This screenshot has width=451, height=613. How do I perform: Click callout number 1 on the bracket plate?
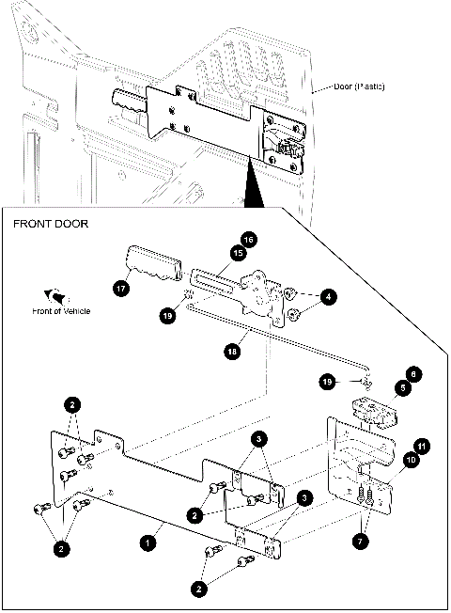147,542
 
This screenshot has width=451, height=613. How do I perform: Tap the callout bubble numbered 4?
327,297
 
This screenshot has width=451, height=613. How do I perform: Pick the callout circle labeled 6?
413,373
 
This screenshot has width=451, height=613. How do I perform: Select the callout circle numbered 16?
249,239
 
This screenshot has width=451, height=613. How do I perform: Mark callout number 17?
121,290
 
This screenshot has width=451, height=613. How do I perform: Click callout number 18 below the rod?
233,351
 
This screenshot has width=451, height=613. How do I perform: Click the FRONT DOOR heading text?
50,226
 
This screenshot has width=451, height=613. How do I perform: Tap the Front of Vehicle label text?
61,311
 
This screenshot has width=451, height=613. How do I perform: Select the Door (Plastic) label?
353,87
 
